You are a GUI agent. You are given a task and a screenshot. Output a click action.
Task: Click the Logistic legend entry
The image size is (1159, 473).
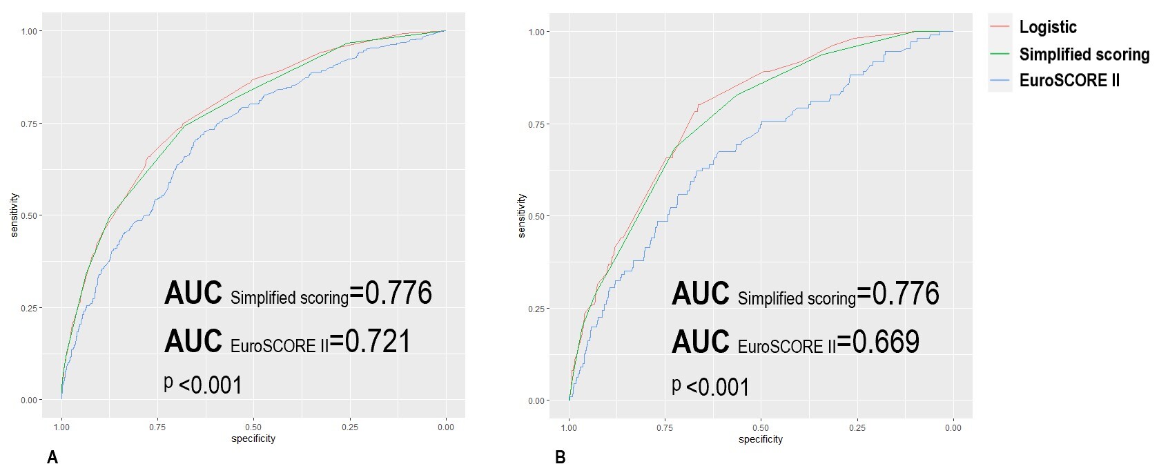[1047, 28]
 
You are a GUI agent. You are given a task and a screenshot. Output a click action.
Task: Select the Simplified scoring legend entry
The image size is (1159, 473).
[1084, 55]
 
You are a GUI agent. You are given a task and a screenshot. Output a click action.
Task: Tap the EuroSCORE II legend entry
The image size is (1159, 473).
[1069, 81]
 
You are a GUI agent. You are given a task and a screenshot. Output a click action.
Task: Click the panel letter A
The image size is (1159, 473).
[52, 457]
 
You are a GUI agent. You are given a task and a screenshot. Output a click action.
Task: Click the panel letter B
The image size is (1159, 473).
[560, 457]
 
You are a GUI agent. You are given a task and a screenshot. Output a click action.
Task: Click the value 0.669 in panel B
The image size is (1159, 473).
[886, 341]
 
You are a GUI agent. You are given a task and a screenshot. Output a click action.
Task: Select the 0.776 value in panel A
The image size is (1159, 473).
[398, 293]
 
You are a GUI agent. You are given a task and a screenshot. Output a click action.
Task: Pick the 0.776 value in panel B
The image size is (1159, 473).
[906, 293]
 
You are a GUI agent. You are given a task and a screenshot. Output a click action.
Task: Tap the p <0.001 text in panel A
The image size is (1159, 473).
[203, 385]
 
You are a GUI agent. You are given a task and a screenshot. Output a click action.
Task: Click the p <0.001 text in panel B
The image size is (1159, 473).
[710, 386]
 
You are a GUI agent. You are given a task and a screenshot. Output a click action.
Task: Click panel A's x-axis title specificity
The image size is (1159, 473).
[253, 438]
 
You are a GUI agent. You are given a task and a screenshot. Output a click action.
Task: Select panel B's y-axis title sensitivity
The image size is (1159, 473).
[521, 215]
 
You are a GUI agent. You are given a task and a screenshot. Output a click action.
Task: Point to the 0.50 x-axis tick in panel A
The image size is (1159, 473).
[253, 427]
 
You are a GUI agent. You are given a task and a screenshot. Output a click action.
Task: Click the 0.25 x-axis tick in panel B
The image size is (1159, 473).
[857, 428]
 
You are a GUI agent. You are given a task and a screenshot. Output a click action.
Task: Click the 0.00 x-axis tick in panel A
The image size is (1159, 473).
[445, 427]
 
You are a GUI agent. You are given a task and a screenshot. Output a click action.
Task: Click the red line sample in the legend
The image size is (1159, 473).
[1000, 28]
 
